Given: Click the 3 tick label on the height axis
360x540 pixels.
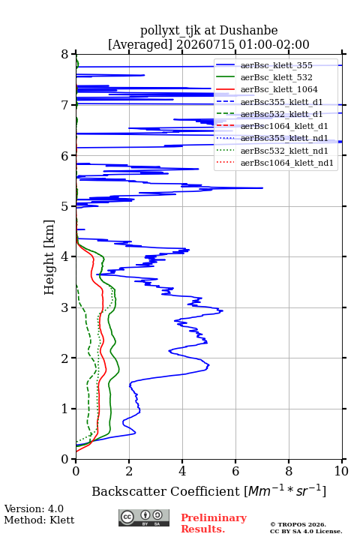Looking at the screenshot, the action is pos(64,307).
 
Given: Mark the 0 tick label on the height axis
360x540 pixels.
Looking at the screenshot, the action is pos(64,459).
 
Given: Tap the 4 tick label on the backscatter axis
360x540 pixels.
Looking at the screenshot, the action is pos(182,471).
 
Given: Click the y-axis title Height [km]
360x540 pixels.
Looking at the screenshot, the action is pos(49,257).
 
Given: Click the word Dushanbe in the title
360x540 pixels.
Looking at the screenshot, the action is pos(248,31).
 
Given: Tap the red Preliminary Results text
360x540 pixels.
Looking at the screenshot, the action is pos(214,523).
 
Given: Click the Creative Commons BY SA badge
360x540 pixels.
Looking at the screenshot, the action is pos(144,518).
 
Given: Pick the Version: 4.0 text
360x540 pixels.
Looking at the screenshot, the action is pos(34,508).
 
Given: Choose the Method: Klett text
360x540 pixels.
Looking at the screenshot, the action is pos(39,520).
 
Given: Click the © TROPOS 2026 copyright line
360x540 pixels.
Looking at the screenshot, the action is pos(298,524).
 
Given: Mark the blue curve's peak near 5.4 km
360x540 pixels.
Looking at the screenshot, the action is pos(262,188).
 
